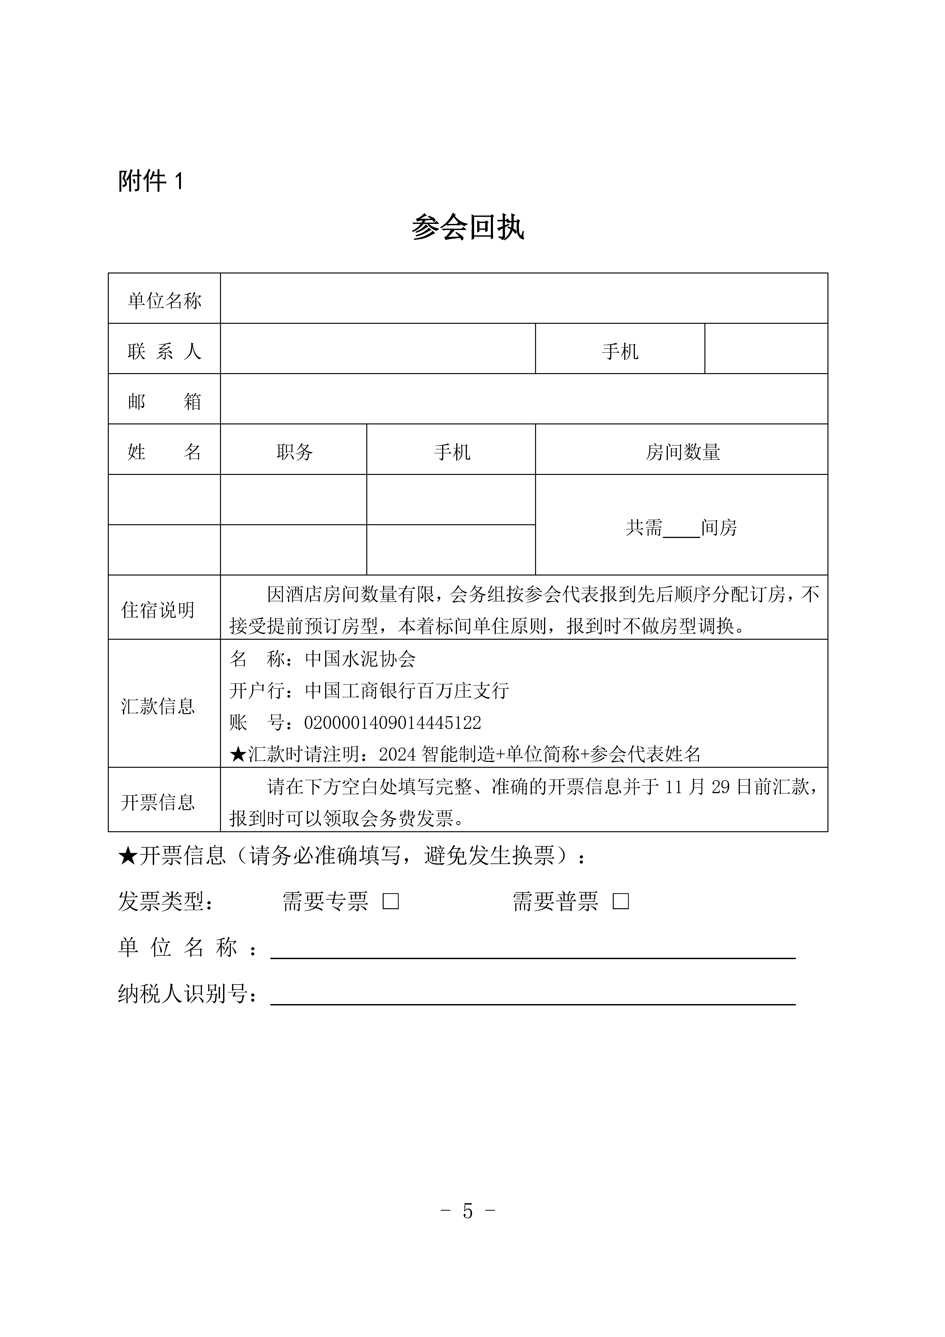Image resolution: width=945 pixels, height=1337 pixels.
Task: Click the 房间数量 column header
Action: pos(682,452)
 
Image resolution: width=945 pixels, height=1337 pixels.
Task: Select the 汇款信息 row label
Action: pos(158,706)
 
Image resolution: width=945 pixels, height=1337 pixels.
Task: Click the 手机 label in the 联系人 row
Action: pos(620,351)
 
